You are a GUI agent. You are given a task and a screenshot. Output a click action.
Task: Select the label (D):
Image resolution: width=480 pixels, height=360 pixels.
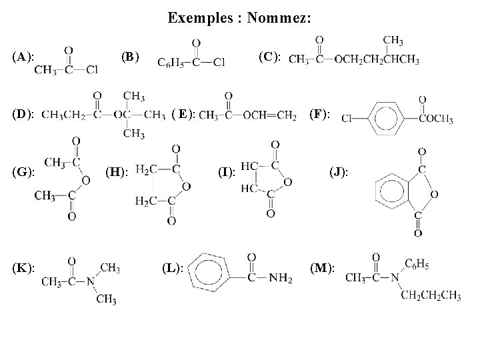24,115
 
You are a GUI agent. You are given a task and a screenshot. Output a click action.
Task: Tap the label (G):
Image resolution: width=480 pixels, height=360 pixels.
24,172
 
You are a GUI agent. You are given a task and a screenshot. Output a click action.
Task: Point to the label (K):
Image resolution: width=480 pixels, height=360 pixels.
24,267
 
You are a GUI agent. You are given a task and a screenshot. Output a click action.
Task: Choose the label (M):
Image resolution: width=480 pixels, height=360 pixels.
323,268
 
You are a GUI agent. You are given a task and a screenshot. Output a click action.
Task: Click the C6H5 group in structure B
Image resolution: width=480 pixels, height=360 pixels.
169,63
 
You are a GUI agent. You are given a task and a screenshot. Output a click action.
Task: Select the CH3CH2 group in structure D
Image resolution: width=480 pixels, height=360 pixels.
63,115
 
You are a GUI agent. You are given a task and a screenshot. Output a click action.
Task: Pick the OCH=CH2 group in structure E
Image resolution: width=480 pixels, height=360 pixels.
270,115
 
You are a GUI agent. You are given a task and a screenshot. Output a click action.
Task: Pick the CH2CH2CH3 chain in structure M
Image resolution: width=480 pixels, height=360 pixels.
431,295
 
